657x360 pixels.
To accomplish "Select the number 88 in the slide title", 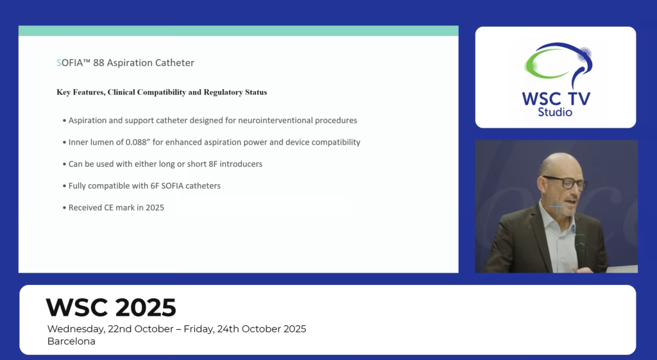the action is point(98,63).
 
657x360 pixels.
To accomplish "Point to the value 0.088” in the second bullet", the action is point(139,142).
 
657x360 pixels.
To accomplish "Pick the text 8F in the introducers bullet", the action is point(213,164).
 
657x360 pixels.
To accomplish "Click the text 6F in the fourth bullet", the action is point(155,185).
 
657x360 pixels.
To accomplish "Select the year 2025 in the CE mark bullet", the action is point(155,207).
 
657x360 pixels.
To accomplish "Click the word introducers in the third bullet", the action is point(241,164).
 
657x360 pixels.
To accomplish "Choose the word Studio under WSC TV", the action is point(555,112).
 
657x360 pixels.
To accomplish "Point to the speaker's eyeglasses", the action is point(566,182).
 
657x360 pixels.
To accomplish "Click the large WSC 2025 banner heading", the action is point(111,307).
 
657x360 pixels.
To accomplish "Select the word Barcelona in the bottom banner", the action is point(71,341).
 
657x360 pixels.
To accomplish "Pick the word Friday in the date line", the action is point(199,329).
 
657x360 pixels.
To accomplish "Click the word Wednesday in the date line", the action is point(76,329).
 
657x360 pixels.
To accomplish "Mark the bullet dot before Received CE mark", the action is point(65,207).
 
